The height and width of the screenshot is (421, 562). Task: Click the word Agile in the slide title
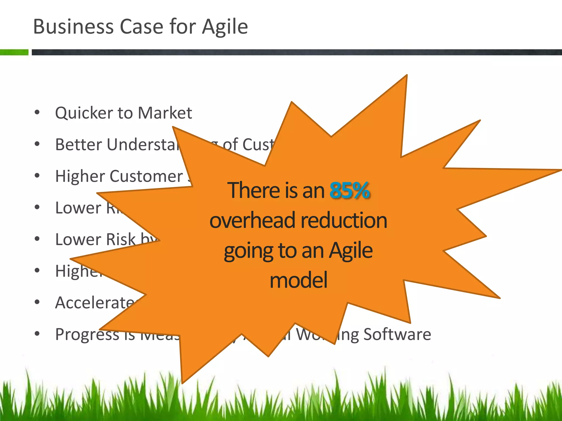coord(225,27)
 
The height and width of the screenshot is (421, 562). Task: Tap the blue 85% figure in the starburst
coord(350,190)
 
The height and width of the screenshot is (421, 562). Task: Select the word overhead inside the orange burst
coord(252,221)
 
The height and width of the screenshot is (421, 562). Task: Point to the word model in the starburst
coord(299,280)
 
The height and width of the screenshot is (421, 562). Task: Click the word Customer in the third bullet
coord(146,176)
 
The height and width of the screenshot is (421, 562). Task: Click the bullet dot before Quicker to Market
coord(37,112)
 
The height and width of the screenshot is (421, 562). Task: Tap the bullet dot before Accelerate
coord(37,302)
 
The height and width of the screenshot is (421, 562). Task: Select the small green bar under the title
coord(14,52)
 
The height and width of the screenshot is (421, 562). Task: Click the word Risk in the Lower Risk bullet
coord(121,240)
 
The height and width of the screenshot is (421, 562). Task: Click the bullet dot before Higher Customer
coord(37,175)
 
